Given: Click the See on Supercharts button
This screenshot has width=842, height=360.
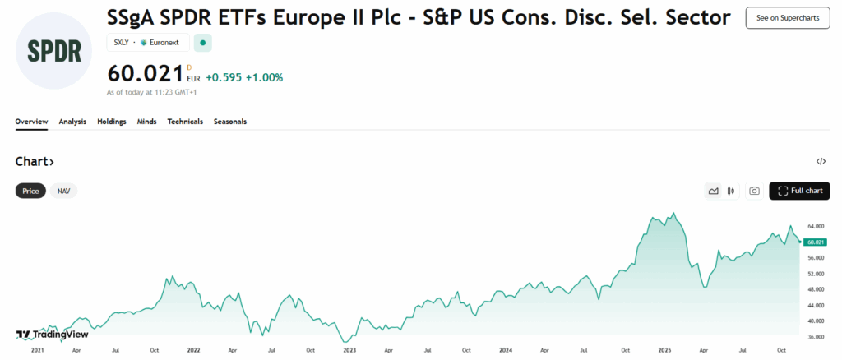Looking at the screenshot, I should tap(787, 17).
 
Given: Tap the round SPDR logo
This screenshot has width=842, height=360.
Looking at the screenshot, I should tap(54, 51).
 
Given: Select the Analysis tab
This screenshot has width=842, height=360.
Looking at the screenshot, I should tap(72, 122).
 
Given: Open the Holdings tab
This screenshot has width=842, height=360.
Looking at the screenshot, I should tap(112, 122).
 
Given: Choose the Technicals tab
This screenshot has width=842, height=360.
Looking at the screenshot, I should tap(185, 122).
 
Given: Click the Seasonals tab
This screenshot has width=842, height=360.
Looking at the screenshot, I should tap(230, 122).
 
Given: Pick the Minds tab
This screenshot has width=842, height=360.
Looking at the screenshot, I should tap(147, 122).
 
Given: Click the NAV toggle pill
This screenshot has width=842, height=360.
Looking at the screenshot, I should tap(63, 191).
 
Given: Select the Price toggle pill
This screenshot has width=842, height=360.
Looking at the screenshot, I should tap(30, 191).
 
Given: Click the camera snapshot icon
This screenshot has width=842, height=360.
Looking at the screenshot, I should tap(754, 192).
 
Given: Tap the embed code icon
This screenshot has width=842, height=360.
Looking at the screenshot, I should tap(821, 162).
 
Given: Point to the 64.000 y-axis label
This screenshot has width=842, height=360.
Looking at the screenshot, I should tap(817, 226).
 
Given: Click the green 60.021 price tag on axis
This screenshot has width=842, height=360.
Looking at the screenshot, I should tap(817, 242).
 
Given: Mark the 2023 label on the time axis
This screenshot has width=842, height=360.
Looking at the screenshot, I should tap(349, 350).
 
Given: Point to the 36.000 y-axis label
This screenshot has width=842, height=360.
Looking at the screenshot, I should tap(817, 336).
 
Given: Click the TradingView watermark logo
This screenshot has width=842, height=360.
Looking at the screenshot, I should tap(52, 335).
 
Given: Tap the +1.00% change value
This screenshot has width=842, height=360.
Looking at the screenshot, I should tap(264, 77).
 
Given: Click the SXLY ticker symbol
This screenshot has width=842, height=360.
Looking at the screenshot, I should tap(120, 42).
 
